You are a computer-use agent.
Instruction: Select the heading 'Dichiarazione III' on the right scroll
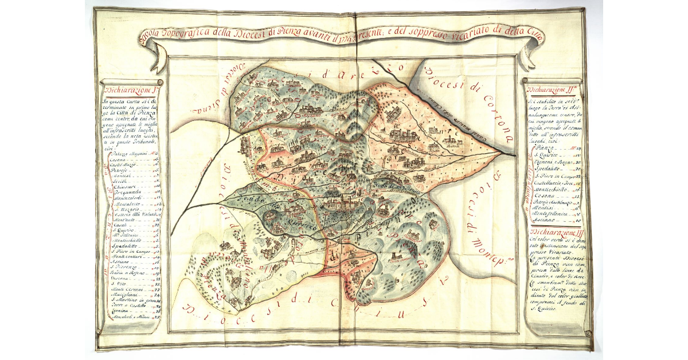(x=553, y=232)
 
